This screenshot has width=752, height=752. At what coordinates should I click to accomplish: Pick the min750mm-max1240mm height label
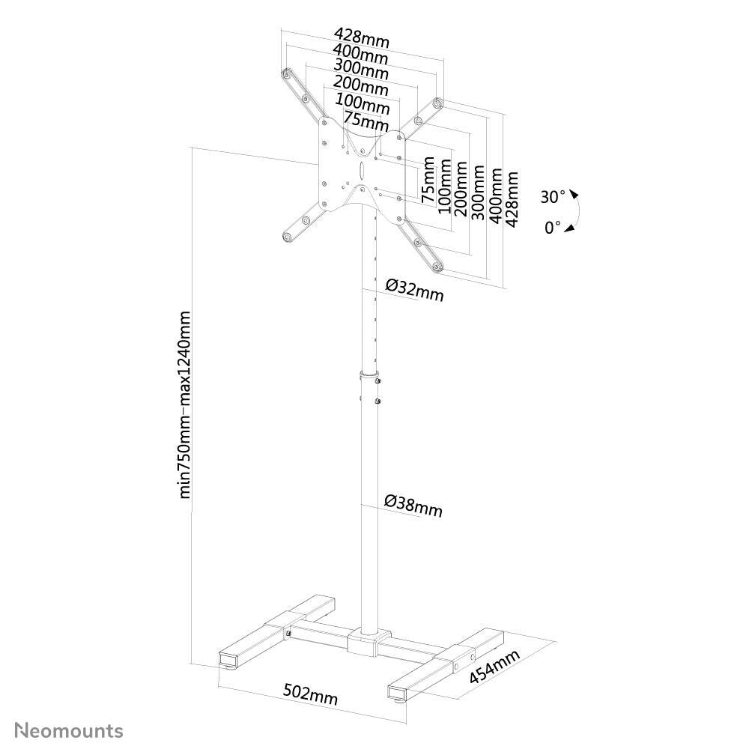click(x=187, y=404)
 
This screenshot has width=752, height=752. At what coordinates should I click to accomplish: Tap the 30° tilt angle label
click(x=554, y=197)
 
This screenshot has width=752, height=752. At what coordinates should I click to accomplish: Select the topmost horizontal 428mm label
click(x=362, y=37)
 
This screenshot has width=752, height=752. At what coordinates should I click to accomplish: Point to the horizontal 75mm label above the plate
click(x=366, y=119)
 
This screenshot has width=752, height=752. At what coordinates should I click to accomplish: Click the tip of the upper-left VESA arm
click(x=286, y=73)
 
